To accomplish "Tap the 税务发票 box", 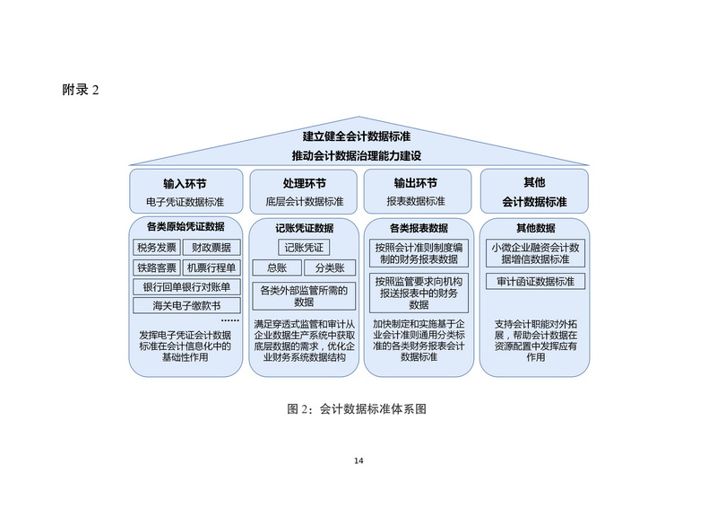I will [156, 248].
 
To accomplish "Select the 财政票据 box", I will [211, 248].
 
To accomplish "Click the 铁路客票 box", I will [156, 267].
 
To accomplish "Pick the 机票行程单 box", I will [211, 267].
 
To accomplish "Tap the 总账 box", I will [277, 268].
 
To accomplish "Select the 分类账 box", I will [329, 268].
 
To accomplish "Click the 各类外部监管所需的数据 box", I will [305, 296].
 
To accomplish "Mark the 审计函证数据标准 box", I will [536, 282].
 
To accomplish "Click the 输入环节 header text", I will [186, 183].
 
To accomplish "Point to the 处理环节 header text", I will [305, 183].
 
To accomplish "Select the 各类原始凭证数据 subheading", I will [186, 226].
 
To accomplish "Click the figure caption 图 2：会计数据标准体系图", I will [356, 408].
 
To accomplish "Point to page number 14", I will [358, 460].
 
